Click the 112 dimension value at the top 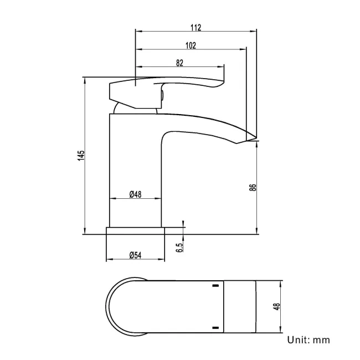(196, 27)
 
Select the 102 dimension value (191, 45)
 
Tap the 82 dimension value (179, 63)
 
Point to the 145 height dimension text (81, 156)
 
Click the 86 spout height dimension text (253, 187)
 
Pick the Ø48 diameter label (136, 194)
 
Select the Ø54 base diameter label (136, 255)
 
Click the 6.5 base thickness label (179, 248)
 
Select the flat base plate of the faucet (135, 230)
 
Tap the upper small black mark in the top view (214, 286)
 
